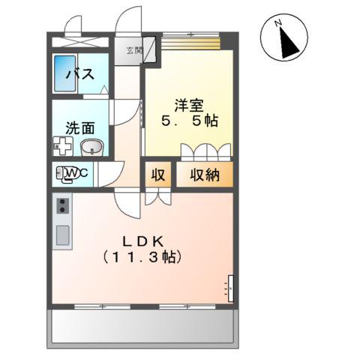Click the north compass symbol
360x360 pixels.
(283, 38)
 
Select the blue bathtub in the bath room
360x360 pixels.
(62, 73)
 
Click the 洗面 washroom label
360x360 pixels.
(78, 127)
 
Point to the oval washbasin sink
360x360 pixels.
(91, 146)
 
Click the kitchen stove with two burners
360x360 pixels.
(61, 205)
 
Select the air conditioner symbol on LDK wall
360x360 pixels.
(230, 287)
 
